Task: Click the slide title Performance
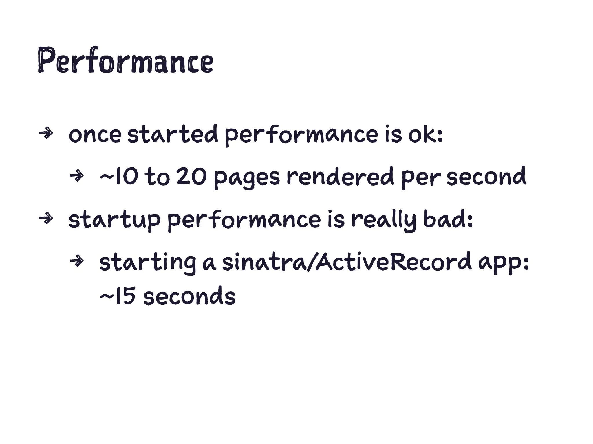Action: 125,60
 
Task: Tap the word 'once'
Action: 95,135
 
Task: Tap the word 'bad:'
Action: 448,220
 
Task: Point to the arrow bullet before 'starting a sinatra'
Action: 77,261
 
